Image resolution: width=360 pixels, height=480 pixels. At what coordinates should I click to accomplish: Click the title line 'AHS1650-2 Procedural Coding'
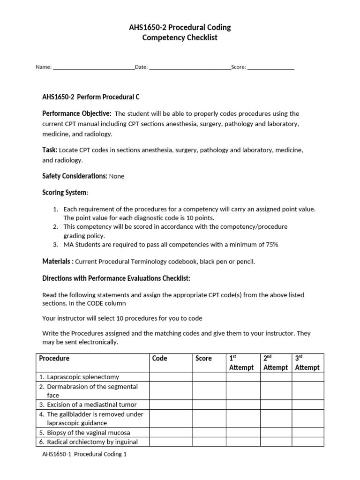pyautogui.click(x=180, y=28)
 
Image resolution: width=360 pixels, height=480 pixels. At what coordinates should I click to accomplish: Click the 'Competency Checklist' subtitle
pyautogui.click(x=180, y=37)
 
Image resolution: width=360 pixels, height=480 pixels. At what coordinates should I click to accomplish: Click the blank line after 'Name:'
pyautogui.click(x=94, y=67)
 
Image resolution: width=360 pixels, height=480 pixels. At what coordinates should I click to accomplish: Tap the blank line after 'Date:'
pyautogui.click(x=190, y=67)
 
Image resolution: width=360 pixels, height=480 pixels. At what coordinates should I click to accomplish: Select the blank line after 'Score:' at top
pyautogui.click(x=270, y=67)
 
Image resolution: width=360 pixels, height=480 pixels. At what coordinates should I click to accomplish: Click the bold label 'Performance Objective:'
pyautogui.click(x=77, y=113)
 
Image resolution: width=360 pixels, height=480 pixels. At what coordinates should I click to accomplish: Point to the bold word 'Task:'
pyautogui.click(x=50, y=150)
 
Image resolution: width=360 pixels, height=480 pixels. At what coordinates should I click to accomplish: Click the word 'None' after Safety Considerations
pyautogui.click(x=117, y=176)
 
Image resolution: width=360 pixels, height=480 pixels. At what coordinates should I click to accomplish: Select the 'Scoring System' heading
pyautogui.click(x=65, y=193)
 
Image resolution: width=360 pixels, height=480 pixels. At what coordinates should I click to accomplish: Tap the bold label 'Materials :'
pyautogui.click(x=58, y=261)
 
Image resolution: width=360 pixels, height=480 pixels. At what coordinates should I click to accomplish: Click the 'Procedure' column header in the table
pyautogui.click(x=54, y=359)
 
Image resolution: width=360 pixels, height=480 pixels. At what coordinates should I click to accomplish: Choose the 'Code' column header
pyautogui.click(x=160, y=359)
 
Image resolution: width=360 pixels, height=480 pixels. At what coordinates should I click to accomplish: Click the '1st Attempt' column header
pyautogui.click(x=241, y=363)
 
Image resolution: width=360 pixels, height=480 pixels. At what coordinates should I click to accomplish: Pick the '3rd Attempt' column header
pyautogui.click(x=307, y=363)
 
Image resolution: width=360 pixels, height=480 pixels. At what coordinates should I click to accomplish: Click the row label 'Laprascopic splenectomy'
pyautogui.click(x=83, y=377)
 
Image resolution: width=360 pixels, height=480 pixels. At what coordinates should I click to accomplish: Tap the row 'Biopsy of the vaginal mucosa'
pyautogui.click(x=89, y=432)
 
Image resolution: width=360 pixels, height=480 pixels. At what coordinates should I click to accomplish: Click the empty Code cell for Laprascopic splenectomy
pyautogui.click(x=171, y=377)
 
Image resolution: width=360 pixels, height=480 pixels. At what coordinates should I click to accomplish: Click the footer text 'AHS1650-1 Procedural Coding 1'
pyautogui.click(x=84, y=454)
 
